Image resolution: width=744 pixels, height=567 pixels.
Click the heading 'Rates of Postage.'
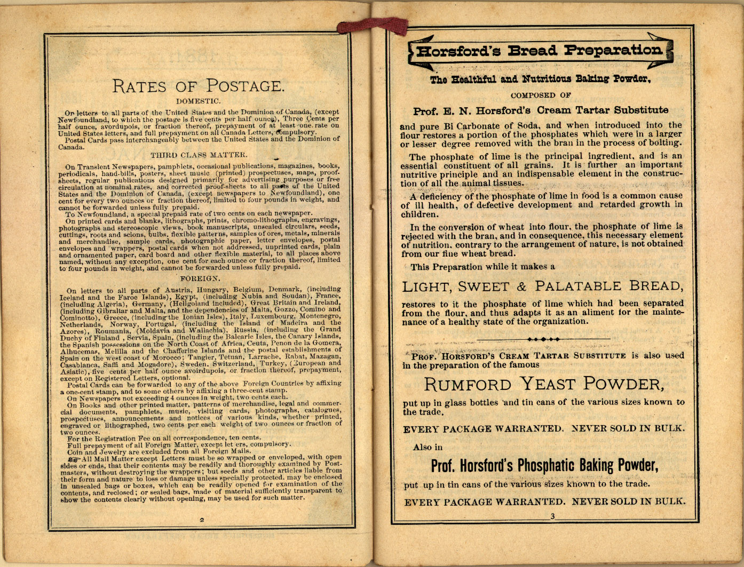(197, 85)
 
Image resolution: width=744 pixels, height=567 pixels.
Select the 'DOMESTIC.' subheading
(198, 101)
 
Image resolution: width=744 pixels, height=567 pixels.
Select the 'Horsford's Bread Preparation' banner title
(539, 51)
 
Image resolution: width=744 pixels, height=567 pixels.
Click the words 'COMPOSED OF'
(541, 95)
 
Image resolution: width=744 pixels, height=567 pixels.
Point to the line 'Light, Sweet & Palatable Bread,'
(542, 286)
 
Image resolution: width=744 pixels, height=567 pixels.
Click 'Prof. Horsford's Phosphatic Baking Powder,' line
(544, 466)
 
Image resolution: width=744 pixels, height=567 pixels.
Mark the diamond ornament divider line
(543, 339)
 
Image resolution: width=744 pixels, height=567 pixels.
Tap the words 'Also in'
(428, 448)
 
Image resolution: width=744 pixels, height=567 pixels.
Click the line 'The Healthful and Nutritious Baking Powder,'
(540, 79)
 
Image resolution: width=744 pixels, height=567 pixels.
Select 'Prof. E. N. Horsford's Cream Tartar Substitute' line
(540, 111)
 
